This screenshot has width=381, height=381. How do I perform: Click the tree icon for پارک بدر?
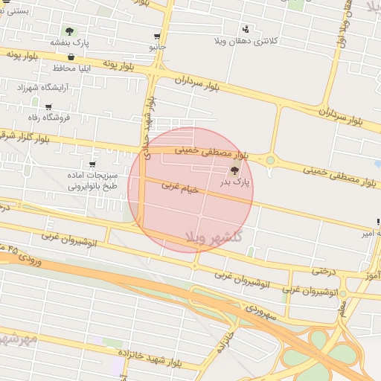point(235,171)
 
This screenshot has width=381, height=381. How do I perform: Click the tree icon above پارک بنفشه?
point(69,32)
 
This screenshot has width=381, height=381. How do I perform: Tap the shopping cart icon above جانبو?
point(156,36)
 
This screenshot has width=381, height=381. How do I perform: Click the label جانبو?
point(156,46)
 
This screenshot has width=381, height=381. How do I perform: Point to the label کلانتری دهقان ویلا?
point(245,40)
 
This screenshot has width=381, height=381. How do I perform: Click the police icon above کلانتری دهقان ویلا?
point(245,31)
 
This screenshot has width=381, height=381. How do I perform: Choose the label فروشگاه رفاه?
point(48,118)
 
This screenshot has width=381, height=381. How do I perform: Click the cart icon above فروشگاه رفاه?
point(48,107)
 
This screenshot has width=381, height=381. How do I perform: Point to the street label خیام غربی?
point(181,190)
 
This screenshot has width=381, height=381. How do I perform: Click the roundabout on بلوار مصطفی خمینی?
point(270,160)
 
